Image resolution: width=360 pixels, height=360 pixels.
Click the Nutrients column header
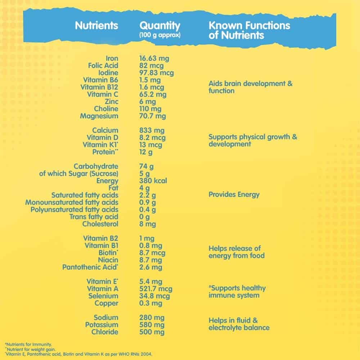point(96,26)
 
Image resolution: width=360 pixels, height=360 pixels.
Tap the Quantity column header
point(159,26)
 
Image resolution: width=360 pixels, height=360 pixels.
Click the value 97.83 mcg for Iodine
point(156,73)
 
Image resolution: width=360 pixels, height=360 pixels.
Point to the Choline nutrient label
point(106,109)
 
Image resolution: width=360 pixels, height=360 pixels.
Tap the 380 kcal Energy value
point(153,181)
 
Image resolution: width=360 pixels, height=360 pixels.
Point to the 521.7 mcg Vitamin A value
point(156,289)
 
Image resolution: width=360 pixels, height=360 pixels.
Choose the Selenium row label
point(103,296)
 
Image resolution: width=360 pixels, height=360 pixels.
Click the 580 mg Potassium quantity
point(152,325)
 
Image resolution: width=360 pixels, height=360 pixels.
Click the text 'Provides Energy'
point(234,195)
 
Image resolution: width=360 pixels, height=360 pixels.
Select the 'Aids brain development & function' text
point(251,87)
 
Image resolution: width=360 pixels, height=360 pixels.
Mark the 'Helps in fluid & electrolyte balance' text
point(239,324)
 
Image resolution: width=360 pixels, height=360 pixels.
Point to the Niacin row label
point(108,260)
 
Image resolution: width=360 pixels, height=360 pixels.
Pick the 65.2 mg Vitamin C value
point(153,94)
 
